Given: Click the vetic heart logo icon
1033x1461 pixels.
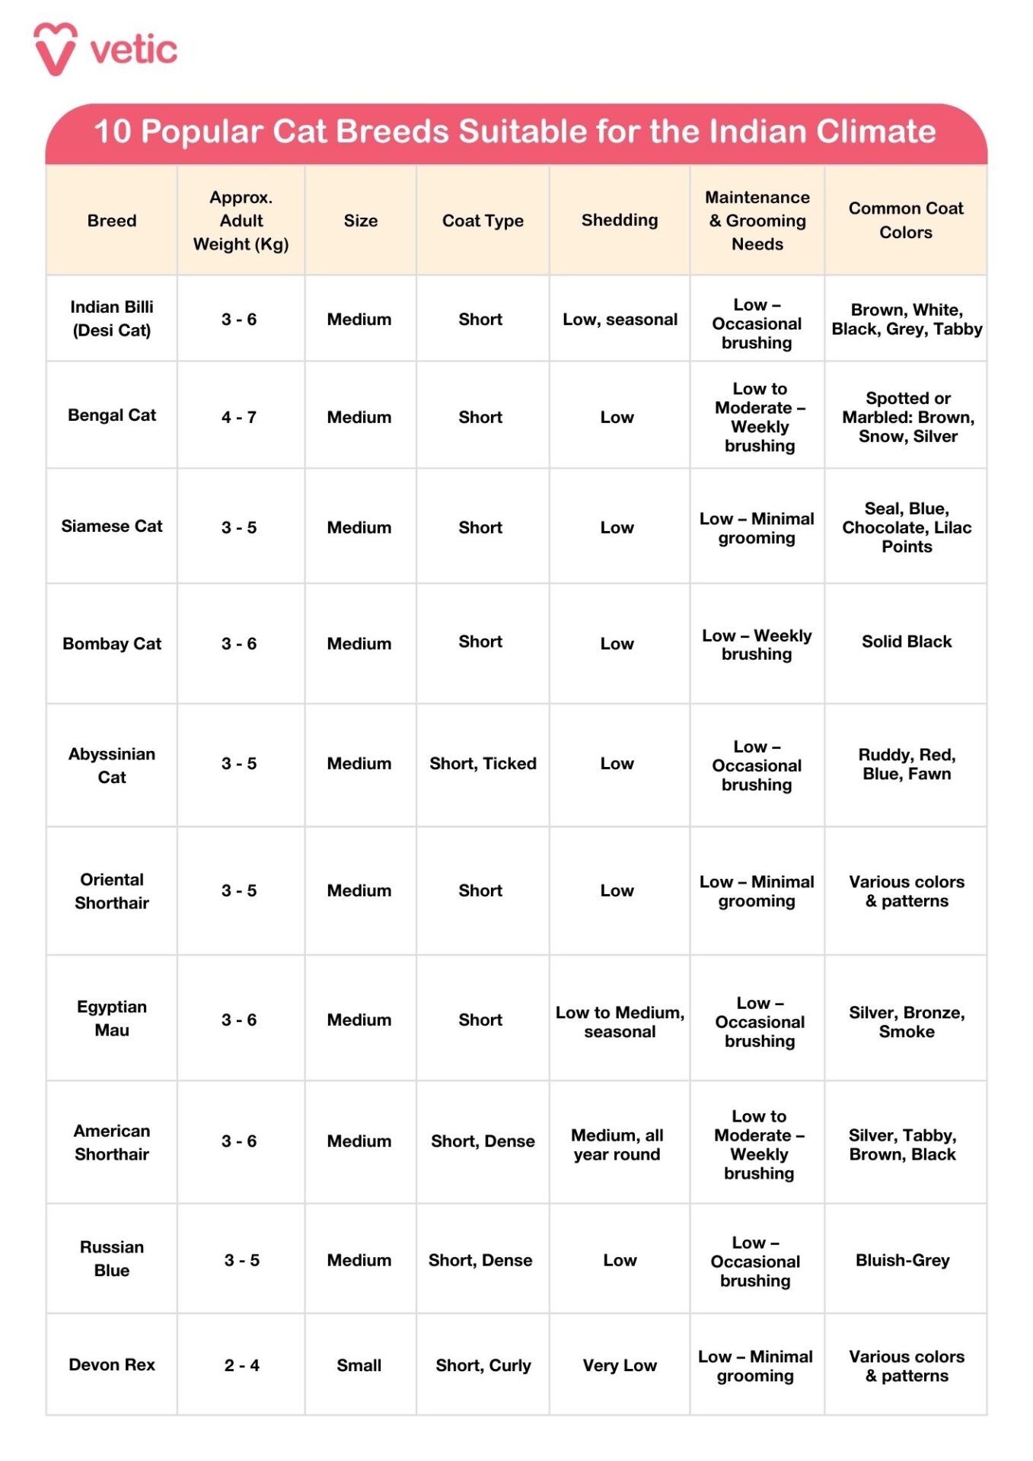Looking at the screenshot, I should point(55,49).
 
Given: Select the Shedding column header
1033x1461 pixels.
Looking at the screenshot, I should point(620,220).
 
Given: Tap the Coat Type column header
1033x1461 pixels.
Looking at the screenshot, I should point(483,221).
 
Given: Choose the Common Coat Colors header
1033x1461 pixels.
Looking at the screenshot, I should point(905,220).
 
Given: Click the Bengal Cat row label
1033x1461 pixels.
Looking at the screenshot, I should point(112,415).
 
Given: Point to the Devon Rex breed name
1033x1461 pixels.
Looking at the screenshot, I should point(112,1364).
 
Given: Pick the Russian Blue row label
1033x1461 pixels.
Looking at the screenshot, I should point(112,1259).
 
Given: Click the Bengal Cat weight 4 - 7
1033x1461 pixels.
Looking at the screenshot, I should point(239,417).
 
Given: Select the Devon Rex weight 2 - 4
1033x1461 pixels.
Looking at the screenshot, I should point(241,1365).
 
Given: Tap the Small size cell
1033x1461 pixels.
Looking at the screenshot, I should point(359,1365).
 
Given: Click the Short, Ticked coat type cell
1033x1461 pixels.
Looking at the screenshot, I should point(483,763).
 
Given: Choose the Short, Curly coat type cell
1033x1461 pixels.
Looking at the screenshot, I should point(483,1365).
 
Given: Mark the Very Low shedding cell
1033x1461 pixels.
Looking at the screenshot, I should point(620,1365).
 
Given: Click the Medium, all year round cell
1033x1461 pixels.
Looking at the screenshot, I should point(617,1144).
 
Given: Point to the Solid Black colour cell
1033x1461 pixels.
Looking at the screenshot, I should point(906,641).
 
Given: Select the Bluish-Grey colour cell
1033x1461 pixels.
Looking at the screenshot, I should point(902,1260).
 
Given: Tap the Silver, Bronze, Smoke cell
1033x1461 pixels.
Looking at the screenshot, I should point(906,1022).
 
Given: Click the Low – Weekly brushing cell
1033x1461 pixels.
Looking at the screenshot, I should point(757,645).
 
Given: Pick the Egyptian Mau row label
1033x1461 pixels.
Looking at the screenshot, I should point(112,1018).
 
